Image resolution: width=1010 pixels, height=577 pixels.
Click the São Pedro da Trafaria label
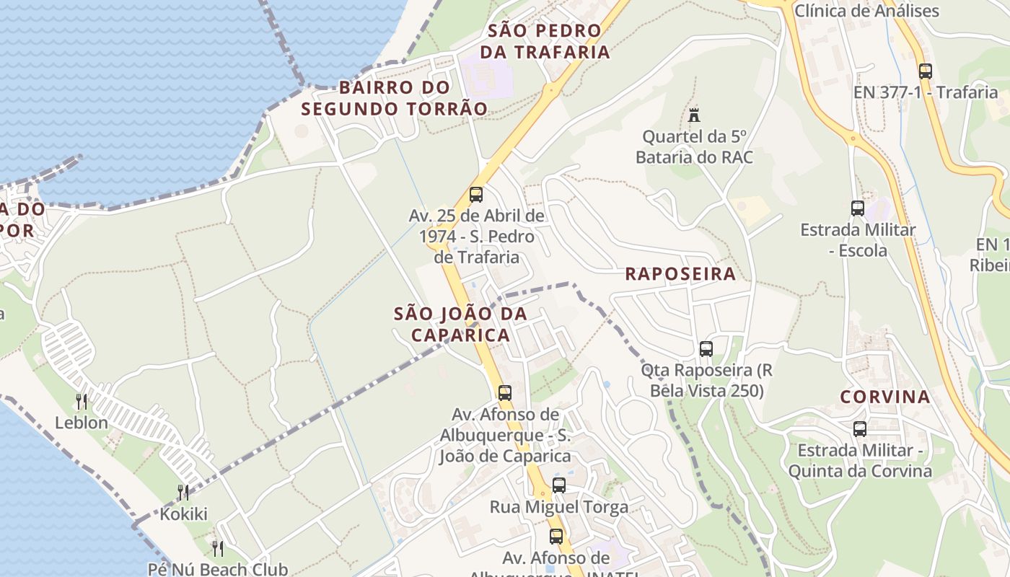coord(545,41)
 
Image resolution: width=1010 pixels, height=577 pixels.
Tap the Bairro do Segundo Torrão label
coord(394,98)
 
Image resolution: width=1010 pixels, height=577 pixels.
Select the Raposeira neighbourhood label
coord(680,274)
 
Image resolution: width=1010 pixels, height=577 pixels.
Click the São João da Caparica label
coord(460,325)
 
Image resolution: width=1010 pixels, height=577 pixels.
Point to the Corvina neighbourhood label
coord(884,397)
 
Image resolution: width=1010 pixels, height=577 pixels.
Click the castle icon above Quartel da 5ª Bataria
coord(694,115)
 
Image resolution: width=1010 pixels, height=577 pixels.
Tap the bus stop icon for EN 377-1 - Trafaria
coord(926,71)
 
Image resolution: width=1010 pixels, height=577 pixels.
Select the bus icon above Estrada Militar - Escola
coord(858,208)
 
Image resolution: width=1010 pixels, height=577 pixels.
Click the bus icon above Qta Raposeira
coord(706,349)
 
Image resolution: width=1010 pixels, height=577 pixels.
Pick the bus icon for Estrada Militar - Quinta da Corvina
coord(860,429)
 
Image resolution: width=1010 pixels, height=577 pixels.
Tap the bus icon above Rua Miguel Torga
coord(559,485)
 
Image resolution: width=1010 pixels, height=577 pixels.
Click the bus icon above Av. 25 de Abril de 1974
coord(476,195)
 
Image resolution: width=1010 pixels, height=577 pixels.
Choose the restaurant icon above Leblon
coord(82,401)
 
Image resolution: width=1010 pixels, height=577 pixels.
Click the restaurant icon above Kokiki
coord(183,493)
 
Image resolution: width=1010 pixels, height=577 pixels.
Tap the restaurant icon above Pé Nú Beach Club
coord(217,548)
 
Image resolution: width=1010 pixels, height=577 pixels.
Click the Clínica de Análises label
coord(866,11)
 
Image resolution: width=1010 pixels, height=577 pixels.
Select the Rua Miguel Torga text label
coord(559,507)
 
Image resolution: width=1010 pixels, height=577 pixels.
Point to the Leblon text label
coord(82,423)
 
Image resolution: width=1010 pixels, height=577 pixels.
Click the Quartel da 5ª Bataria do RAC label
coord(694,146)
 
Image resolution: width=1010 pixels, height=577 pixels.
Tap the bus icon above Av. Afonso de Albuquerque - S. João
coord(505,393)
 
